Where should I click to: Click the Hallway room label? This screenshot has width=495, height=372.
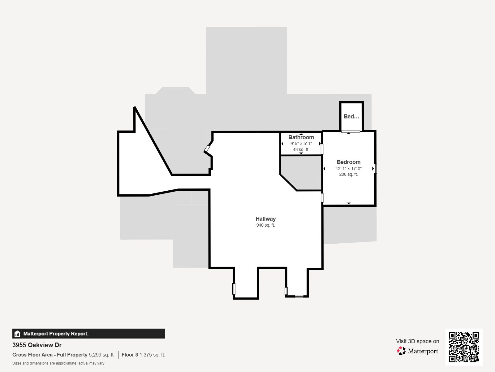tap(265, 219)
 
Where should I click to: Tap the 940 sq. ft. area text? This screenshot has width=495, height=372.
tap(265, 225)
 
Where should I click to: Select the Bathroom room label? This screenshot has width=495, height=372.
tap(301, 137)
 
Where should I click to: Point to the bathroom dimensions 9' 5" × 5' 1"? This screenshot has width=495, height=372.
tap(301, 144)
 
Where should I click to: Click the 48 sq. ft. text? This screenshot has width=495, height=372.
tap(301, 149)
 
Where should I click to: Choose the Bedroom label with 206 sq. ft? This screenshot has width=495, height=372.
tap(348, 162)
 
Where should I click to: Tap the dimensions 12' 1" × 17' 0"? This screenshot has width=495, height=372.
tap(348, 169)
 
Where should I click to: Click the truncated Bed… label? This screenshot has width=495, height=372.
tap(351, 117)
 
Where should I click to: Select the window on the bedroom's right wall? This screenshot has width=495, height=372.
tap(375, 169)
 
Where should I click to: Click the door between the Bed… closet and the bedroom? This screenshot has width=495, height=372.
tap(351, 131)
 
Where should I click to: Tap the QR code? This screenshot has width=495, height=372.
tap(464, 347)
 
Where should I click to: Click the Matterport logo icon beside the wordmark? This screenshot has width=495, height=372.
tap(401, 351)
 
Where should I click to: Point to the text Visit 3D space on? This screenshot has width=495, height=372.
tap(417, 341)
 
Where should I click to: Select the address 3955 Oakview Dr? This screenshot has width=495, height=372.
tap(37, 345)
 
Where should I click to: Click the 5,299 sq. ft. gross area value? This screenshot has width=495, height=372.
tap(101, 355)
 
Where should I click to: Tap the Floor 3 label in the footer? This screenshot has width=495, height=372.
tap(130, 355)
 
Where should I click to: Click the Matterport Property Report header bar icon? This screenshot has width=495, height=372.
tap(17, 334)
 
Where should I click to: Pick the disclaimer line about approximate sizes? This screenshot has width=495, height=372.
tap(58, 363)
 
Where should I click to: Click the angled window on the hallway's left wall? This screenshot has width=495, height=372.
tap(207, 149)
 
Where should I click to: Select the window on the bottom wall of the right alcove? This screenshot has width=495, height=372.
tap(299, 296)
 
